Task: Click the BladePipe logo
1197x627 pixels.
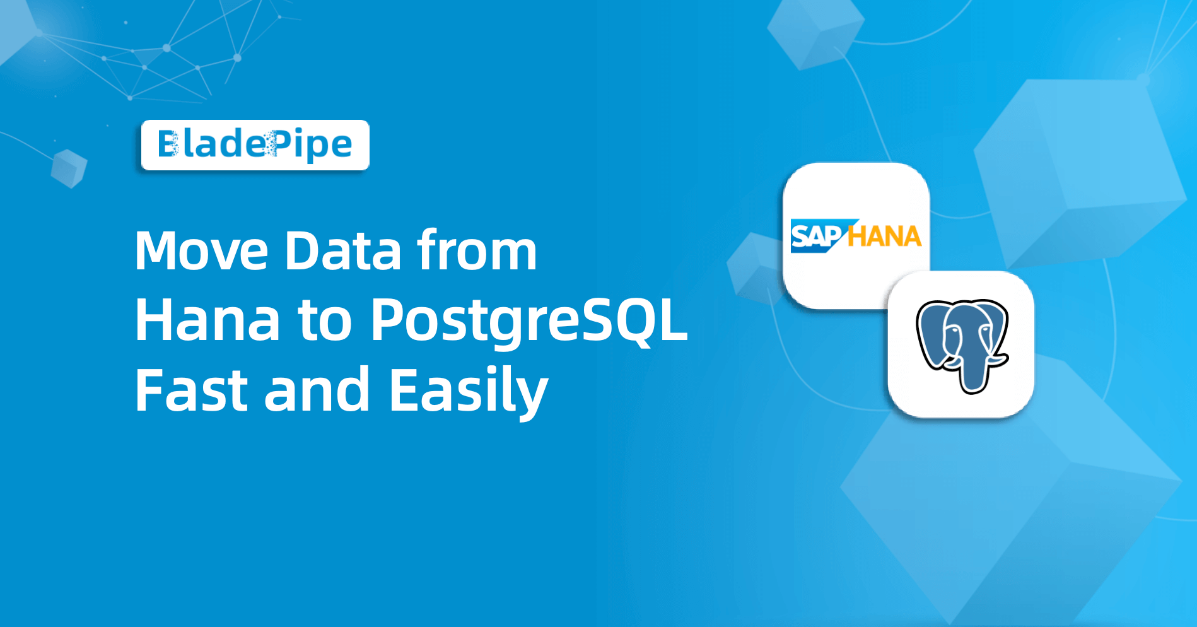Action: (255, 145)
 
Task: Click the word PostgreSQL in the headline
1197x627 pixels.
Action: (528, 322)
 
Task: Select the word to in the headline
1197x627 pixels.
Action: (325, 322)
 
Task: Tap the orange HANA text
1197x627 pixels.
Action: (884, 237)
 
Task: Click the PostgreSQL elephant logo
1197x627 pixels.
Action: (961, 344)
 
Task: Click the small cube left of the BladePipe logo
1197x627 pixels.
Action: (69, 168)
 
